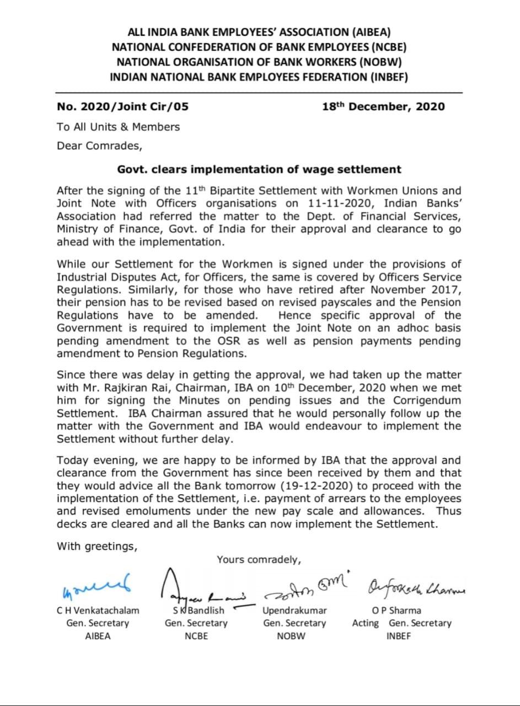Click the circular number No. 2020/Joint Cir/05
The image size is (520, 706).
coord(122,106)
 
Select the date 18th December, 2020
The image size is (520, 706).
coord(383,106)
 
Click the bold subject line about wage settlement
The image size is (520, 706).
coord(259,169)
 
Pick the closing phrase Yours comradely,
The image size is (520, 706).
coord(259,559)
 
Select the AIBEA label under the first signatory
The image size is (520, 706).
coord(98,636)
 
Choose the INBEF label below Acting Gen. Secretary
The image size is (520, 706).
coord(399,636)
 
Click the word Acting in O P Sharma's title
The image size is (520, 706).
coord(366,623)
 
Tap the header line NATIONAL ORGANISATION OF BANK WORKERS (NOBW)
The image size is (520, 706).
coord(259,62)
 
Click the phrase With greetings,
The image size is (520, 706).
coord(97,547)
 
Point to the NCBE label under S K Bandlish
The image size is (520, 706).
coord(196,636)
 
